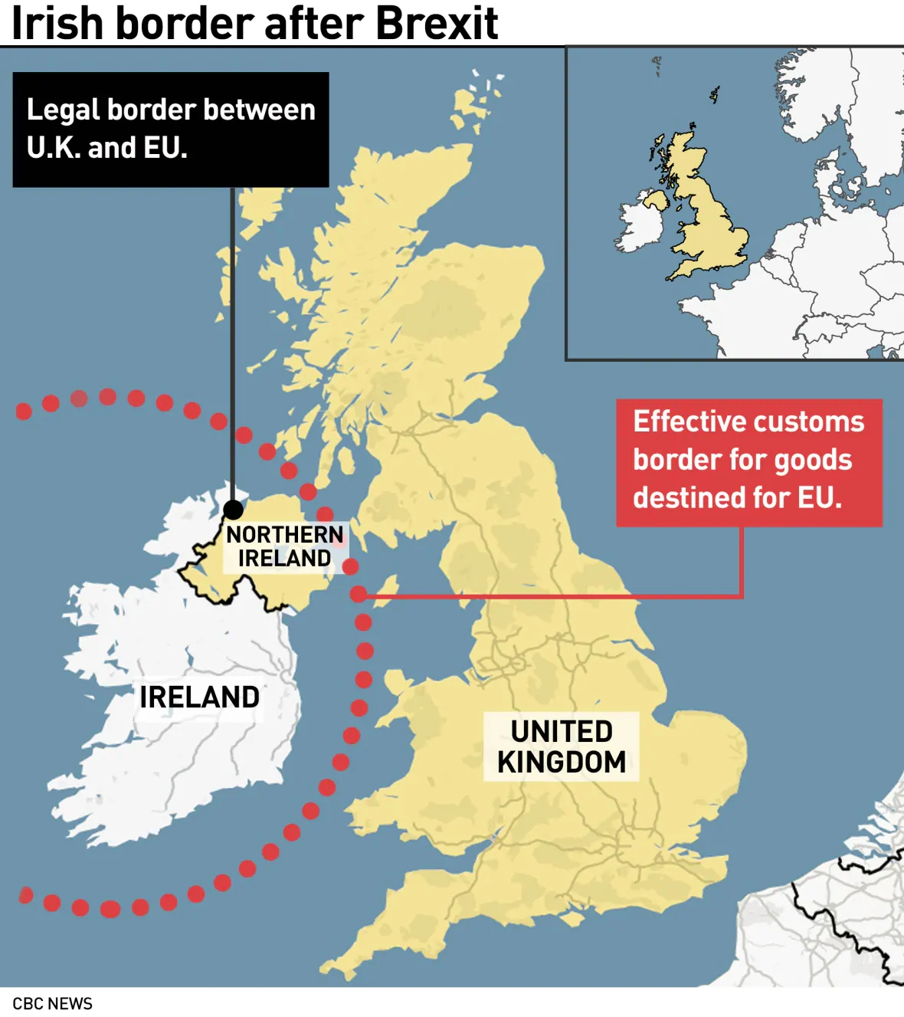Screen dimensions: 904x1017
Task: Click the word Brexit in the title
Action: (x=437, y=23)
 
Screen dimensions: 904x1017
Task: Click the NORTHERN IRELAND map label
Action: (x=284, y=546)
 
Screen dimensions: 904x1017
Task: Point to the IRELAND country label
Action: (x=199, y=697)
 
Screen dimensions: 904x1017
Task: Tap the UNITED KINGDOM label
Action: (x=562, y=747)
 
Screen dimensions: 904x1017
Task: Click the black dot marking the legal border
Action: (x=233, y=509)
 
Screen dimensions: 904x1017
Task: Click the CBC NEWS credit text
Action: (x=52, y=1004)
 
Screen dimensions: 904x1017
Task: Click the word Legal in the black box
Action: (x=63, y=110)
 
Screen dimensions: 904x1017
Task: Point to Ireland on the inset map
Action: (x=640, y=226)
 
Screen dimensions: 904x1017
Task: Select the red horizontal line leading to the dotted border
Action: (x=552, y=595)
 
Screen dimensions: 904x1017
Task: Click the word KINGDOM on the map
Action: (x=562, y=763)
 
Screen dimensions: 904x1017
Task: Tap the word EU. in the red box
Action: (x=820, y=498)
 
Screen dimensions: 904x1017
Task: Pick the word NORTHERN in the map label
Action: (x=284, y=534)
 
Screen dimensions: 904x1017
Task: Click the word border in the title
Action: (x=184, y=23)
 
